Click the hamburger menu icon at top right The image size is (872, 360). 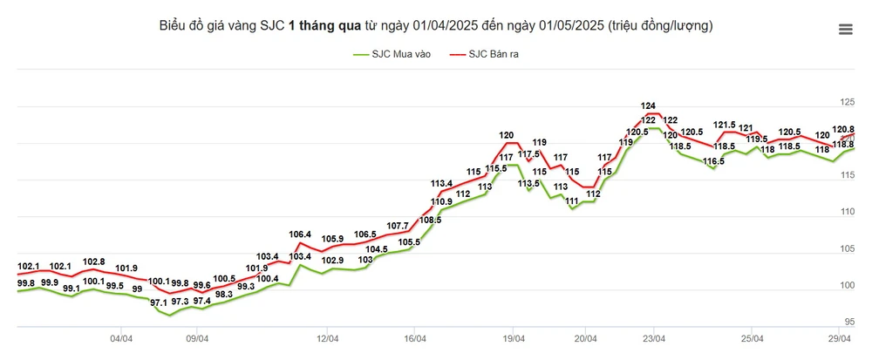click(845, 30)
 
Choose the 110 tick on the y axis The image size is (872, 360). click(845, 212)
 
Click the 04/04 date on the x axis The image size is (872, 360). click(121, 338)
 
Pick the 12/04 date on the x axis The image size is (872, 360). click(328, 338)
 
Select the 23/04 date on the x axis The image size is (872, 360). click(655, 338)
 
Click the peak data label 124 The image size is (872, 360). click(648, 106)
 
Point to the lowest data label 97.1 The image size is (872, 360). click(159, 302)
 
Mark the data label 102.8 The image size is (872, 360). click(93, 262)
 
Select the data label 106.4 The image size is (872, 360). click(300, 234)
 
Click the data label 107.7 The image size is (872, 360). click(398, 226)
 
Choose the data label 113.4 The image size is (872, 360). click(442, 184)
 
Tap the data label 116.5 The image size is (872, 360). click(714, 161)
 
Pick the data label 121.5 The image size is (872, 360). click(724, 125)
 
